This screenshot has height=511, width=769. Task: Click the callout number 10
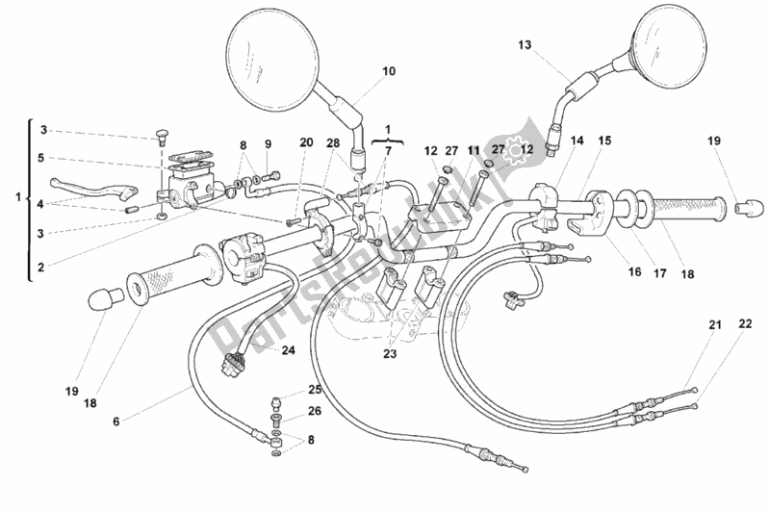pos(389,71)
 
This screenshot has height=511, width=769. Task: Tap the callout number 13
pos(524,45)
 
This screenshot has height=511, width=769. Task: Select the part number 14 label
pos(577,141)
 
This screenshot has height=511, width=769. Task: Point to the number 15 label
pos(603,141)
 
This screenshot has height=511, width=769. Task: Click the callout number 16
pos(634,272)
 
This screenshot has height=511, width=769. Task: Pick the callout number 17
pos(659,272)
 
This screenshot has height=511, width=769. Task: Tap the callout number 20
pos(306,142)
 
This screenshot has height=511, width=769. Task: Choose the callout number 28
pos(333,142)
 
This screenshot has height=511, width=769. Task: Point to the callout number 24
pos(288,350)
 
